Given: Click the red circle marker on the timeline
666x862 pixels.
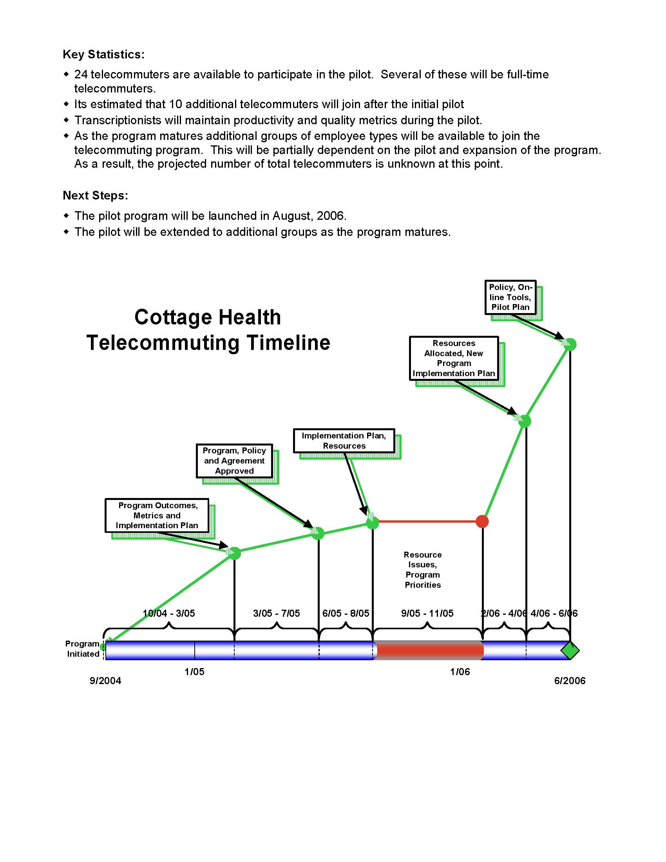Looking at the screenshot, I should (482, 522).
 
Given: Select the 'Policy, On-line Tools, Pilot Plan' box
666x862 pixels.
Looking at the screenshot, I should (510, 297).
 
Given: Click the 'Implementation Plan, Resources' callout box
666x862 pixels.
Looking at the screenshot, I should (344, 440).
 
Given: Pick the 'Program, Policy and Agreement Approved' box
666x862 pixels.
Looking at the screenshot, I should (234, 461).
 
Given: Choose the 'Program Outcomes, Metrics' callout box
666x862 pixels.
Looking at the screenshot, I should (157, 516).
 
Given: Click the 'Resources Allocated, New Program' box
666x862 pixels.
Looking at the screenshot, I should (454, 358).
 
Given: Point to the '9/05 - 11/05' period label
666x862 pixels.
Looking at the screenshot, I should (427, 613).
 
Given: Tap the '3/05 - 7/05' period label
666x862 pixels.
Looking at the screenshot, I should (276, 613).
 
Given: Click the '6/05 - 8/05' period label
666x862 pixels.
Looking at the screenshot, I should (346, 613).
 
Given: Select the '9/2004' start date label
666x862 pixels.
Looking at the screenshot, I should (105, 681).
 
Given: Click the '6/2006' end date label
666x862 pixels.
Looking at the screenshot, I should (570, 681).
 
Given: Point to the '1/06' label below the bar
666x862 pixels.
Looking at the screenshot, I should (460, 672).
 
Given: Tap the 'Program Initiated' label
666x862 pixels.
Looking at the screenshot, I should (83, 649).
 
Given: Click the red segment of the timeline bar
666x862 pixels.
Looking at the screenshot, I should (429, 650).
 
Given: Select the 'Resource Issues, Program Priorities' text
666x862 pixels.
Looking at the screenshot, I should (423, 570).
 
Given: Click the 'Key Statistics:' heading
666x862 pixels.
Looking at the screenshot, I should (104, 54).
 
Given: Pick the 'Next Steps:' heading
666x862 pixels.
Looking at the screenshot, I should (96, 196).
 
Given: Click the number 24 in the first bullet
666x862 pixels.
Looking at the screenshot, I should (81, 74).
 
